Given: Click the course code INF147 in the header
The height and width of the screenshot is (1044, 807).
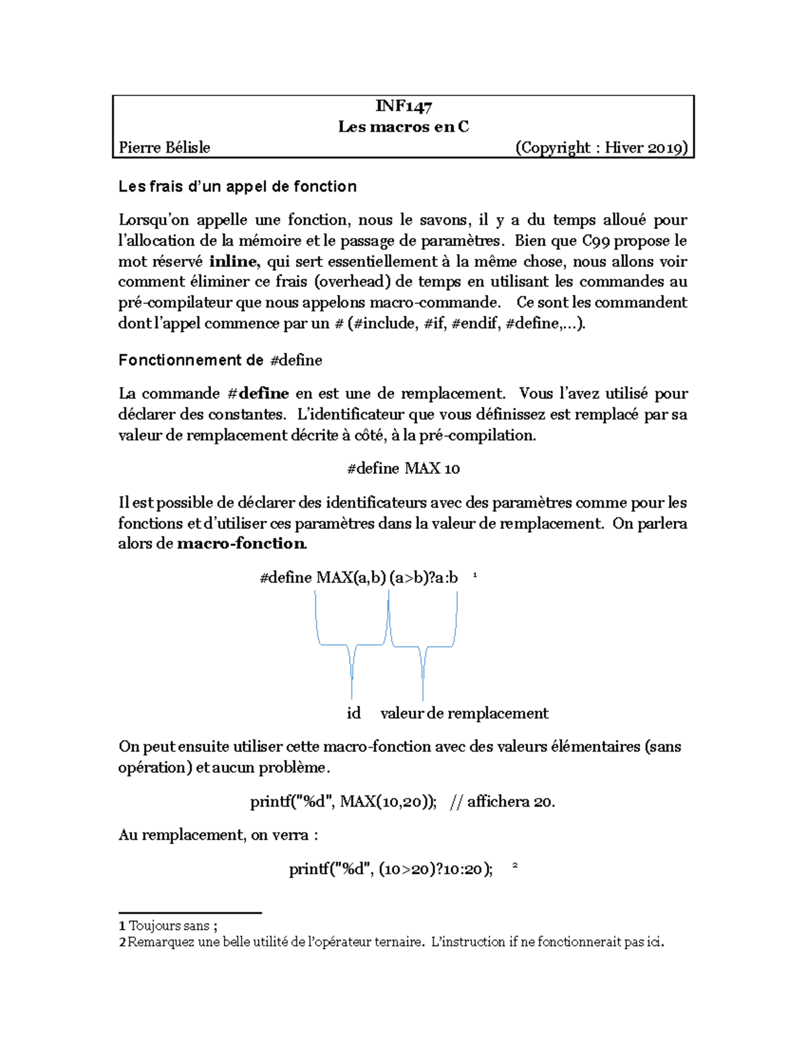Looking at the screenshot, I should click(x=403, y=106).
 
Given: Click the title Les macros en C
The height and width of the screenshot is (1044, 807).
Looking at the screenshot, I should click(x=403, y=127).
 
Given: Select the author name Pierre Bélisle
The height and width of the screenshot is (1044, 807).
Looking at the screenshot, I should click(x=165, y=148).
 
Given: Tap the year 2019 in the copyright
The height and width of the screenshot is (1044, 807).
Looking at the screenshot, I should click(x=664, y=148).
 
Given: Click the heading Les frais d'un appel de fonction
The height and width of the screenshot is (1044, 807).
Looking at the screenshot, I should click(x=237, y=187).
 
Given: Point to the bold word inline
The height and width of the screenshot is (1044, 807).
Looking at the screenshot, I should click(x=233, y=262).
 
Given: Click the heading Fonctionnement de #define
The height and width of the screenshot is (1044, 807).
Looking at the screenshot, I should click(x=220, y=360).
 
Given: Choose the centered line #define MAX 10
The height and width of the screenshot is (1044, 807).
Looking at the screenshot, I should click(x=403, y=469).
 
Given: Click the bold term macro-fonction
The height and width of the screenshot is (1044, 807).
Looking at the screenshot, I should click(x=241, y=544).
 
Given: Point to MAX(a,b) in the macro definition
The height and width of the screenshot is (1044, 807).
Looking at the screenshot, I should click(x=351, y=577).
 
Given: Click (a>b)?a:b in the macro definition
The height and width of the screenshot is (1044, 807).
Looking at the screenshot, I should click(x=424, y=577).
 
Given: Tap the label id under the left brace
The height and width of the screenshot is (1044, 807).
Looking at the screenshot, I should click(x=354, y=713).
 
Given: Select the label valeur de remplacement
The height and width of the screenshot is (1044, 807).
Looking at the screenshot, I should click(x=464, y=713).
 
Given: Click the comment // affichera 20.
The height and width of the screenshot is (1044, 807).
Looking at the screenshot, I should click(x=502, y=801).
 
